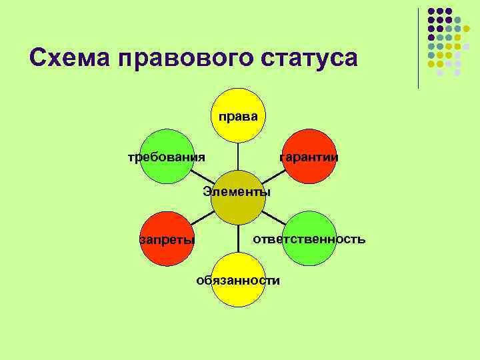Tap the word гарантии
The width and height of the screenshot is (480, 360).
pos(309,157)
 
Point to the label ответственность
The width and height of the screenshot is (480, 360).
pos(309,239)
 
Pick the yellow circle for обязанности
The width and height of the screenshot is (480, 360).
pos(238,280)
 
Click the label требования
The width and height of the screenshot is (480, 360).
pos(167,157)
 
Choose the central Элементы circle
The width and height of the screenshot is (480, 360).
pos(238,197)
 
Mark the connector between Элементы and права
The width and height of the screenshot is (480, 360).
pos(238,156)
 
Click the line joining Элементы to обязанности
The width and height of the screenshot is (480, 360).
pos(238,239)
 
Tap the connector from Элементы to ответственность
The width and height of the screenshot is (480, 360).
pos(273,218)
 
